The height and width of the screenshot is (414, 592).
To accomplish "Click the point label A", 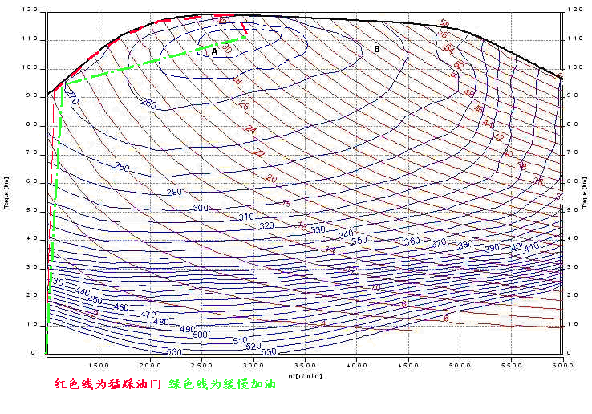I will point(214,51).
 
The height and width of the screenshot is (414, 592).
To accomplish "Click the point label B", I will point(376,49).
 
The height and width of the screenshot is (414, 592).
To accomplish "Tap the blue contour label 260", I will point(148,103).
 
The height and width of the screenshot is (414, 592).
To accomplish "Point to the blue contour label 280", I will point(121,167).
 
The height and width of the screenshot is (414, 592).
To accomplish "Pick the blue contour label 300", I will point(201,208).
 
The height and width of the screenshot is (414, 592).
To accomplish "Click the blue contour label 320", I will point(267,225).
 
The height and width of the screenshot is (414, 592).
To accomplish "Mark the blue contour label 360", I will point(412,241).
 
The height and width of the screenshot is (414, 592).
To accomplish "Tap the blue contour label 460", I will point(120,307).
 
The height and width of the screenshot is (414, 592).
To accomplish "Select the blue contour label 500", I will point(200,335).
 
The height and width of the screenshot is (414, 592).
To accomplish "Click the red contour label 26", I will point(244,105).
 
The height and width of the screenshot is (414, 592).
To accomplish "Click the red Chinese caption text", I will point(107,385).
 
